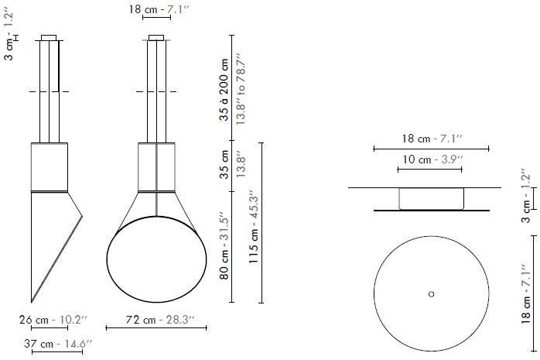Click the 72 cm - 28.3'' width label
pos(156,319)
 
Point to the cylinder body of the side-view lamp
pos(50,166)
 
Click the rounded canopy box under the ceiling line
pos(431,198)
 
